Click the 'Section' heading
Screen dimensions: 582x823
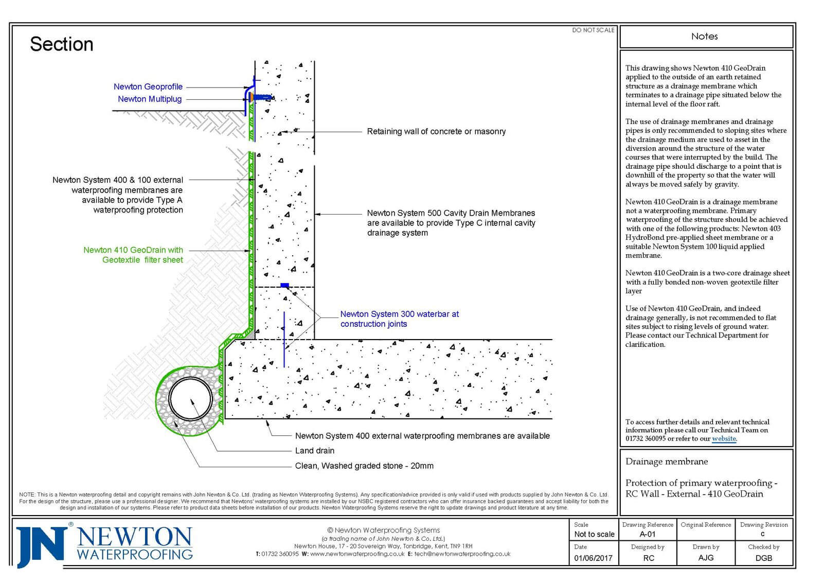(x=62, y=44)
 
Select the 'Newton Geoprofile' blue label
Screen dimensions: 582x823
(x=148, y=86)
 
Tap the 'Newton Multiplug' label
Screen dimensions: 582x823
(x=150, y=99)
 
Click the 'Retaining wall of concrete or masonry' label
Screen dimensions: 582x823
(x=436, y=131)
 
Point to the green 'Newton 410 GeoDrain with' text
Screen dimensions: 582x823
(x=133, y=250)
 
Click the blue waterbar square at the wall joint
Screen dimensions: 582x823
(x=284, y=285)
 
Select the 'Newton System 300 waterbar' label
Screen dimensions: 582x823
(x=400, y=314)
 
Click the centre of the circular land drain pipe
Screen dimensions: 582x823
(x=191, y=399)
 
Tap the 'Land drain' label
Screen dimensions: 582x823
(x=315, y=450)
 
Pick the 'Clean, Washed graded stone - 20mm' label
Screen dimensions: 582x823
(x=364, y=466)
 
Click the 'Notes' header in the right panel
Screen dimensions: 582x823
(x=704, y=37)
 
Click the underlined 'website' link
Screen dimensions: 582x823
(x=724, y=439)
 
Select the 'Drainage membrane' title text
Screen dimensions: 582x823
(x=667, y=462)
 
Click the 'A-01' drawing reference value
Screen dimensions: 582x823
(x=648, y=534)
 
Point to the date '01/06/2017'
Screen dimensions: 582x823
(x=593, y=558)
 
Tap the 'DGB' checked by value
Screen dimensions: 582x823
(x=764, y=558)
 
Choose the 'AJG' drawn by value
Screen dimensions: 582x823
(x=706, y=558)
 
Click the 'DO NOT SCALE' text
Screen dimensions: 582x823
(x=593, y=30)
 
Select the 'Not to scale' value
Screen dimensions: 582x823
(x=594, y=534)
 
